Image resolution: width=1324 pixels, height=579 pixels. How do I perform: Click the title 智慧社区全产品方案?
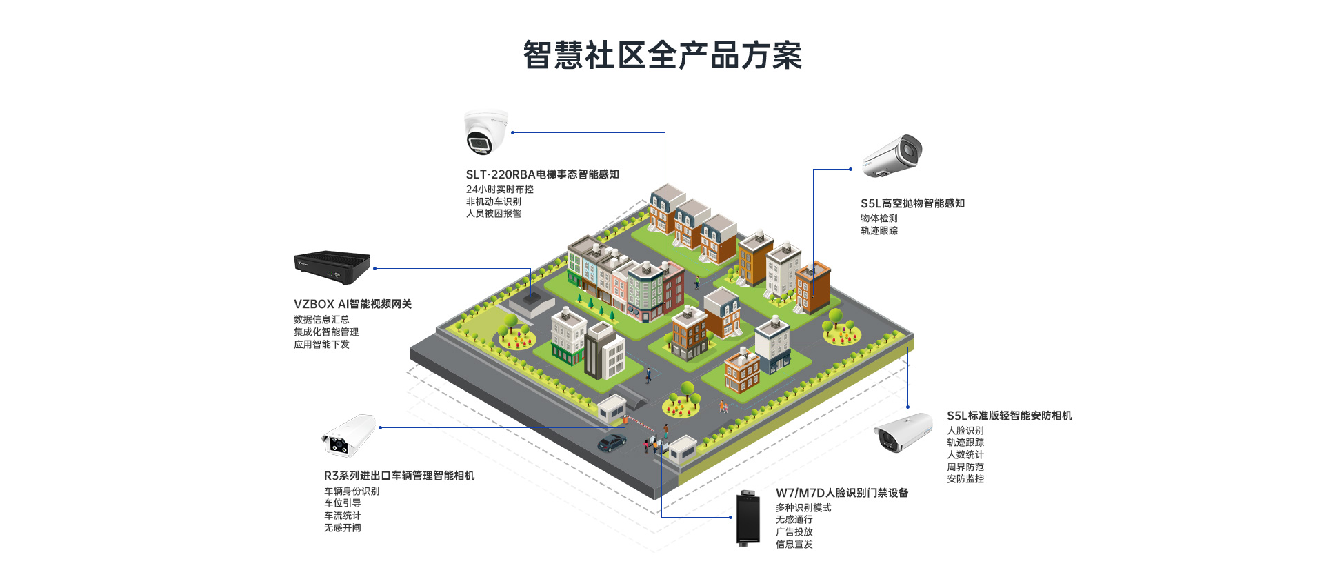pos(662,55)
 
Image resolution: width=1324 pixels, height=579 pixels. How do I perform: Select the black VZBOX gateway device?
pos(332,267)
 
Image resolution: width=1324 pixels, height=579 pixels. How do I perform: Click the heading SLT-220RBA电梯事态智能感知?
pos(542,174)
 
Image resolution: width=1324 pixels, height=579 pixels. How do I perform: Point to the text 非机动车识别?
pos(494,201)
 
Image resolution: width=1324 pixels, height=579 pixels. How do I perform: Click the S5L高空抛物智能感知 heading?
pos(912,203)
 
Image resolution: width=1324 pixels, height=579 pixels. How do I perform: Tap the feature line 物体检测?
pos(879,218)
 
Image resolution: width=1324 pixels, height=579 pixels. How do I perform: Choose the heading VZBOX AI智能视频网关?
pos(352,304)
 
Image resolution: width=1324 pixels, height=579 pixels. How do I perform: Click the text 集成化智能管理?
pos(326,332)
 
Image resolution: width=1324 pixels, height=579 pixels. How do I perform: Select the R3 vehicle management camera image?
pos(349,436)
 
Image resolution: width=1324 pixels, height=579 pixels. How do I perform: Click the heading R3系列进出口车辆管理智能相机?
pos(399,476)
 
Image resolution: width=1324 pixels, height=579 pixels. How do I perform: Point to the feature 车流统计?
pos(343,515)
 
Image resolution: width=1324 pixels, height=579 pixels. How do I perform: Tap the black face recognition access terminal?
pos(748,518)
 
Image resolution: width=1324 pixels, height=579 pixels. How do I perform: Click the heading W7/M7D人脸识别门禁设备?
pos(842,493)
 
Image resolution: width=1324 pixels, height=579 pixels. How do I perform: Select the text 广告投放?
pos(794,531)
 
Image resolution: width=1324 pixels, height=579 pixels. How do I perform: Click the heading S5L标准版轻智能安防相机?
pos(1009,416)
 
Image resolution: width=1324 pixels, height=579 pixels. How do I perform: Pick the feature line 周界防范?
pos(965,467)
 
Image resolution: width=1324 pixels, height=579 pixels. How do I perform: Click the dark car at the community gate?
pos(612,443)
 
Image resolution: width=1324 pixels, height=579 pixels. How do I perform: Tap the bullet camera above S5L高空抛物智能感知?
pos(894,156)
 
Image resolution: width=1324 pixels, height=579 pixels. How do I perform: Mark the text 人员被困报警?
pos(494,214)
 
